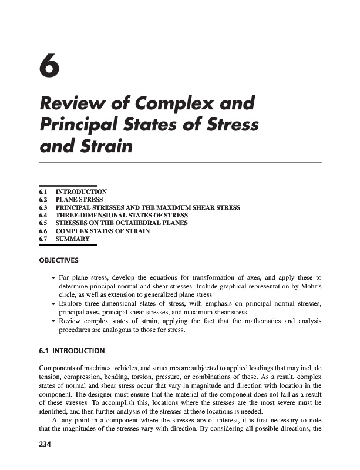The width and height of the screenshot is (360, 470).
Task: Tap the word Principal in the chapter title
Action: [80, 125]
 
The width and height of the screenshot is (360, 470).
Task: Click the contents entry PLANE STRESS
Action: [80, 199]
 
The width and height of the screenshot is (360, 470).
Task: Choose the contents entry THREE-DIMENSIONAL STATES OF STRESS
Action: [122, 216]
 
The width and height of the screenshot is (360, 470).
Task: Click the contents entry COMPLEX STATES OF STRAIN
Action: [102, 231]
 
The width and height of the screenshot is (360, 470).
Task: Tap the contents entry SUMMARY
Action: [72, 239]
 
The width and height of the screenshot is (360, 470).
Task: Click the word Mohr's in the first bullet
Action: [307, 286]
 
